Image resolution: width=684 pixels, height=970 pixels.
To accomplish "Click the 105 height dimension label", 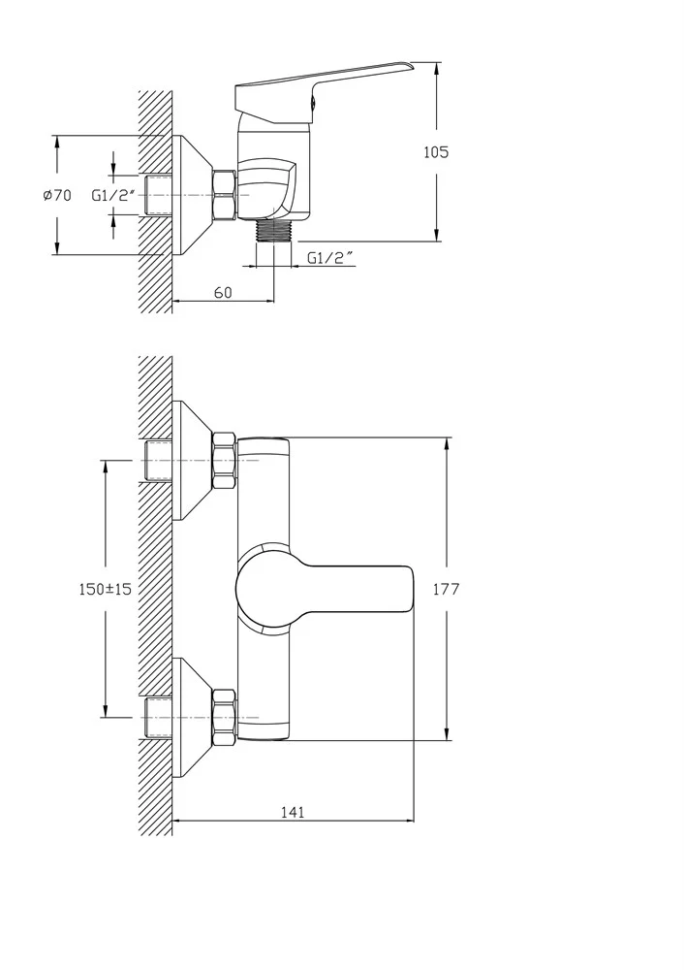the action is click(x=436, y=151).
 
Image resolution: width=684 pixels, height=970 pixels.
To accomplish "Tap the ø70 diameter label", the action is click(x=57, y=196).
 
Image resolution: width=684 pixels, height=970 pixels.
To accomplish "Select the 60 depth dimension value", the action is click(x=223, y=292).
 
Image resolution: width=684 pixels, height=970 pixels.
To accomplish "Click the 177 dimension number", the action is click(x=446, y=589).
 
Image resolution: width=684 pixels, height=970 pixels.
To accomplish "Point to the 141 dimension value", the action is click(x=293, y=812).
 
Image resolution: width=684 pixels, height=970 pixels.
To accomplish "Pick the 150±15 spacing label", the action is click(x=105, y=589).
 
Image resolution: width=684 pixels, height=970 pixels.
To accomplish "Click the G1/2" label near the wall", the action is click(x=113, y=196).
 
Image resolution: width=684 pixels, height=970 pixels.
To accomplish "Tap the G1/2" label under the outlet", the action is click(x=331, y=258).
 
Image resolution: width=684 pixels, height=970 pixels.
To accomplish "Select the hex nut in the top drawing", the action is click(x=225, y=195).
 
